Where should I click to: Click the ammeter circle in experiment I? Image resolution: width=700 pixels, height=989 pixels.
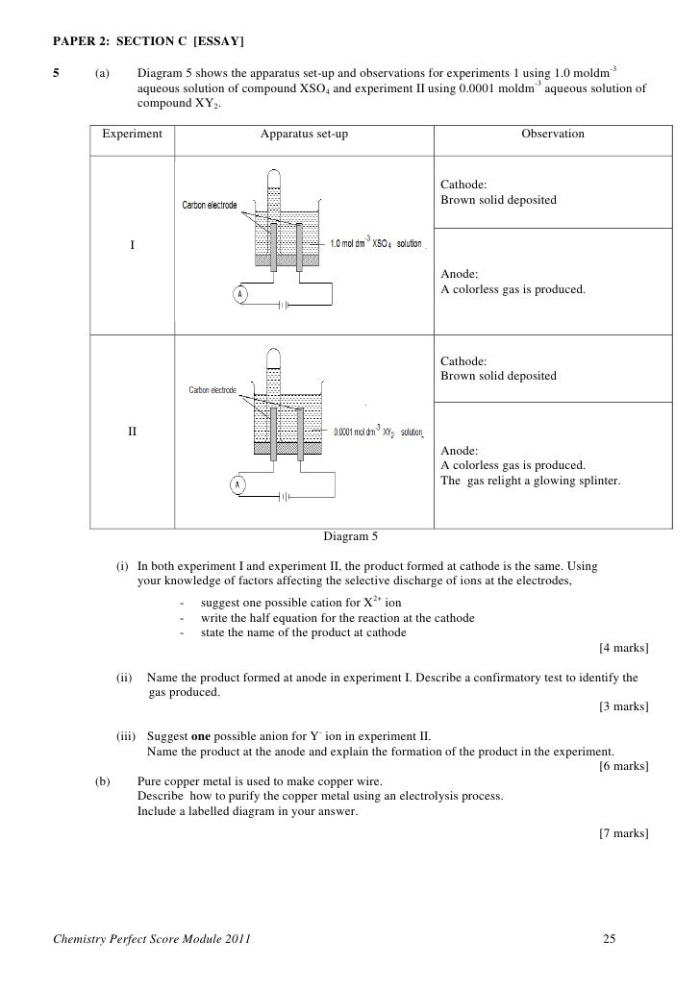click(238, 293)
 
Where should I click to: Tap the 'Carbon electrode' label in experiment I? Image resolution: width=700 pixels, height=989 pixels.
click(209, 206)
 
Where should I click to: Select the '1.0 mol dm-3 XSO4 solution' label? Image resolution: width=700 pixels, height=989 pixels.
click(376, 244)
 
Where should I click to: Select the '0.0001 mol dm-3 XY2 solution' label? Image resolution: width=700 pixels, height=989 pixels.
click(378, 433)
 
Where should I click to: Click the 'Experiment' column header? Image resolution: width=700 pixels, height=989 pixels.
click(133, 134)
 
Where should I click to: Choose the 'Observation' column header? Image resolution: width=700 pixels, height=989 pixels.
click(553, 134)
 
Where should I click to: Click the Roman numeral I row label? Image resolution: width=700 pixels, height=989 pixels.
click(133, 245)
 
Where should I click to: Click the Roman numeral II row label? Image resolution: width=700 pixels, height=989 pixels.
click(133, 432)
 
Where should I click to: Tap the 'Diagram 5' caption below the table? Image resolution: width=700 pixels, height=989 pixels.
click(351, 536)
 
